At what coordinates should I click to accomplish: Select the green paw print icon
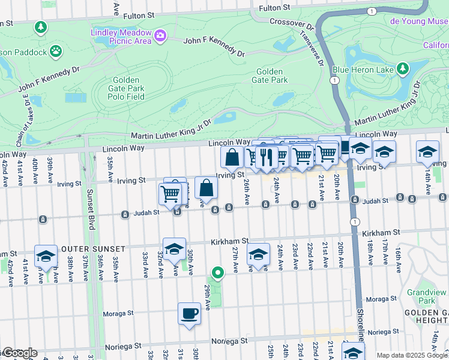(56, 52)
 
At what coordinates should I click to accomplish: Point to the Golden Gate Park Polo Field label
(126, 88)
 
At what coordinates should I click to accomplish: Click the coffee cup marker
(190, 313)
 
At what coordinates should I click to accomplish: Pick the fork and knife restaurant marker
(267, 157)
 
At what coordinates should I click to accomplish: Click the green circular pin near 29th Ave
(218, 274)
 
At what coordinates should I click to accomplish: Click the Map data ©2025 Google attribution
(411, 355)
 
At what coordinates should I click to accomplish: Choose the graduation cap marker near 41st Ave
(46, 256)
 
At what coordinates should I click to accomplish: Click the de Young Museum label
(419, 21)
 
